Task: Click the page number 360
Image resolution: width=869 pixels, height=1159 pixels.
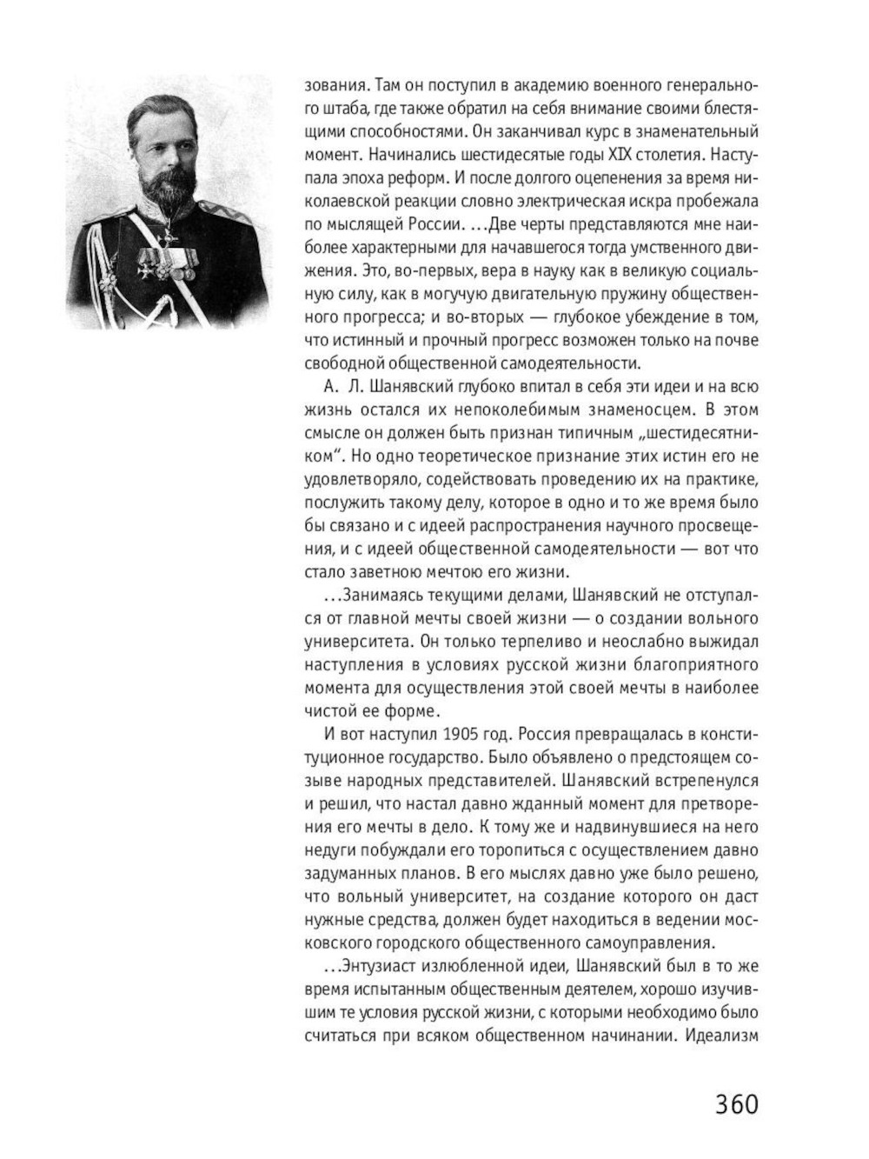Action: (737, 1104)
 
